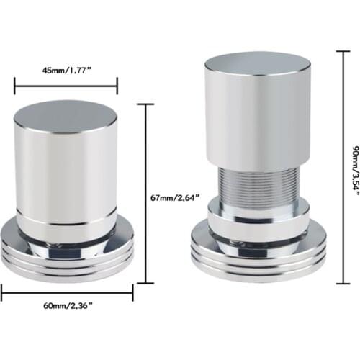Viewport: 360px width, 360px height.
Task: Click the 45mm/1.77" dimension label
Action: [66, 71]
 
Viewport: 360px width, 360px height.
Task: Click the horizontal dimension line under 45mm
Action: [66, 86]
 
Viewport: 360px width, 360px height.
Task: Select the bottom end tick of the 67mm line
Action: [147, 282]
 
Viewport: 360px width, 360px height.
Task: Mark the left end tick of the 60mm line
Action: [1, 292]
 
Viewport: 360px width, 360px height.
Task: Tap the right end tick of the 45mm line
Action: [117, 86]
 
